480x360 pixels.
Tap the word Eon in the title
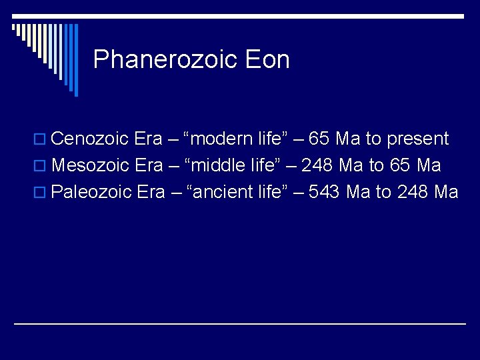pos(267,60)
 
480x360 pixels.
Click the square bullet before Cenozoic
pos(43,140)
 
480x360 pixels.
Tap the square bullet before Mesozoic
pos(43,167)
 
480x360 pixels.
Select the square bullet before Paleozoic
pos(43,193)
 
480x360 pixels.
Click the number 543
pos(323,192)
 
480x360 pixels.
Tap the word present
pos(418,139)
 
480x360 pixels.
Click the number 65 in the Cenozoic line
pos(319,139)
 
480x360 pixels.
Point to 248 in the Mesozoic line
pos(316,165)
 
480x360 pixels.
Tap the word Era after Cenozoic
pos(148,139)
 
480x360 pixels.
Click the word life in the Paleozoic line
pos(269,192)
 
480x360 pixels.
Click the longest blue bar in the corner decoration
pos(75,60)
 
